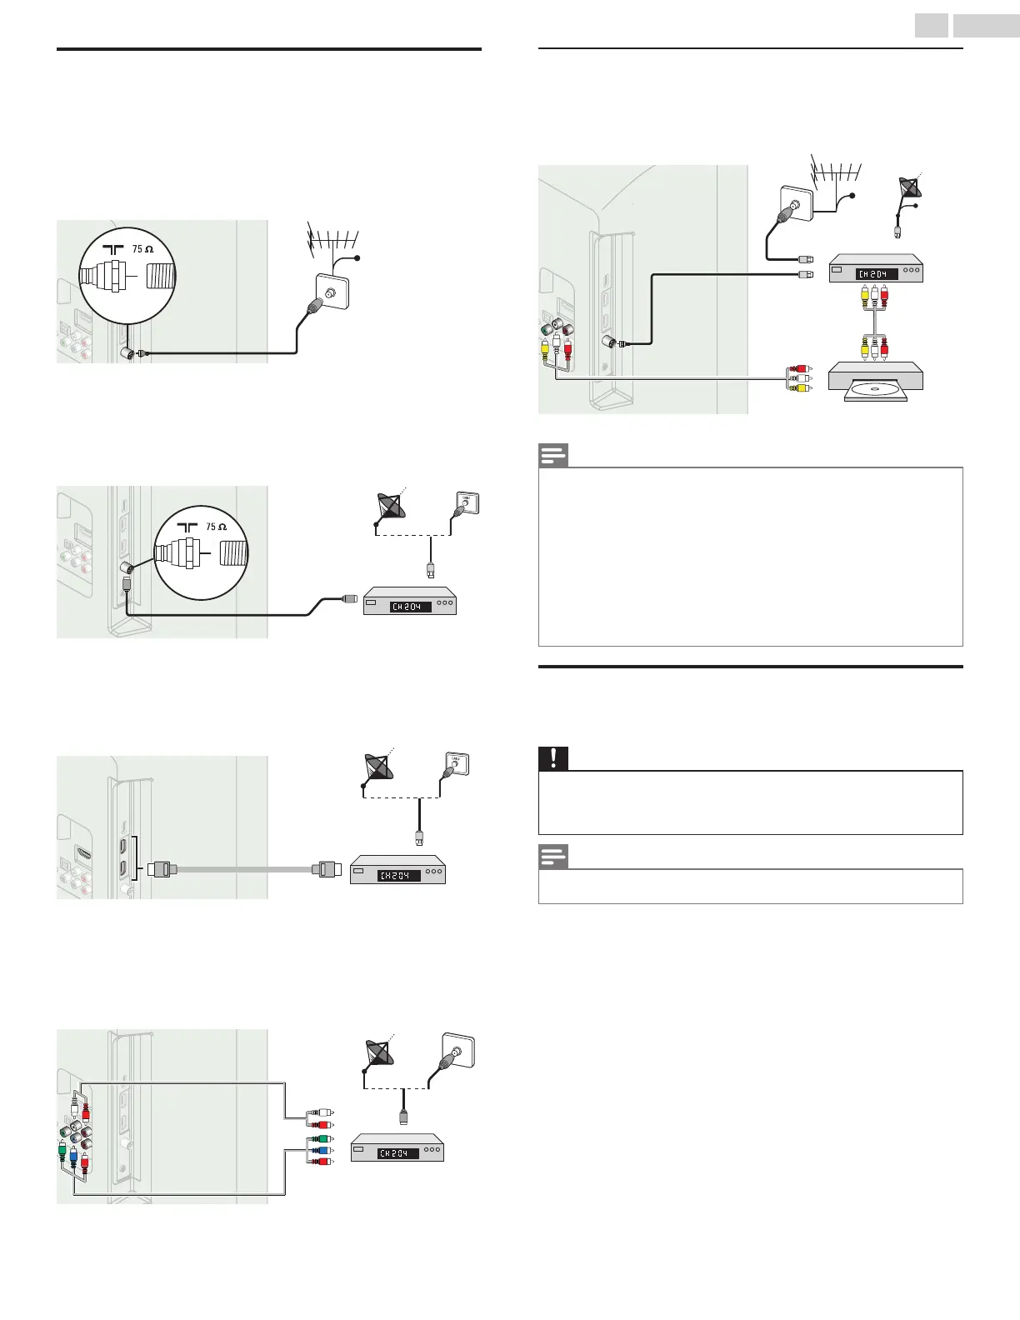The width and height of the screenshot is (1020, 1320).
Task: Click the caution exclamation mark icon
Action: (x=552, y=758)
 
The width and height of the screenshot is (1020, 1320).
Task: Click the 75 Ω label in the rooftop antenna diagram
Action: (x=142, y=248)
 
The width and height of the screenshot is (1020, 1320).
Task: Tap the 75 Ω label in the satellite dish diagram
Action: (x=216, y=527)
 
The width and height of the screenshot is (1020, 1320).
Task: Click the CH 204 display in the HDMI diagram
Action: (x=398, y=875)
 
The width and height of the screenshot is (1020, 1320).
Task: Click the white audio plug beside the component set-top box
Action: (x=318, y=1112)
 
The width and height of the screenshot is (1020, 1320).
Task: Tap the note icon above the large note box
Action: (x=552, y=455)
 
